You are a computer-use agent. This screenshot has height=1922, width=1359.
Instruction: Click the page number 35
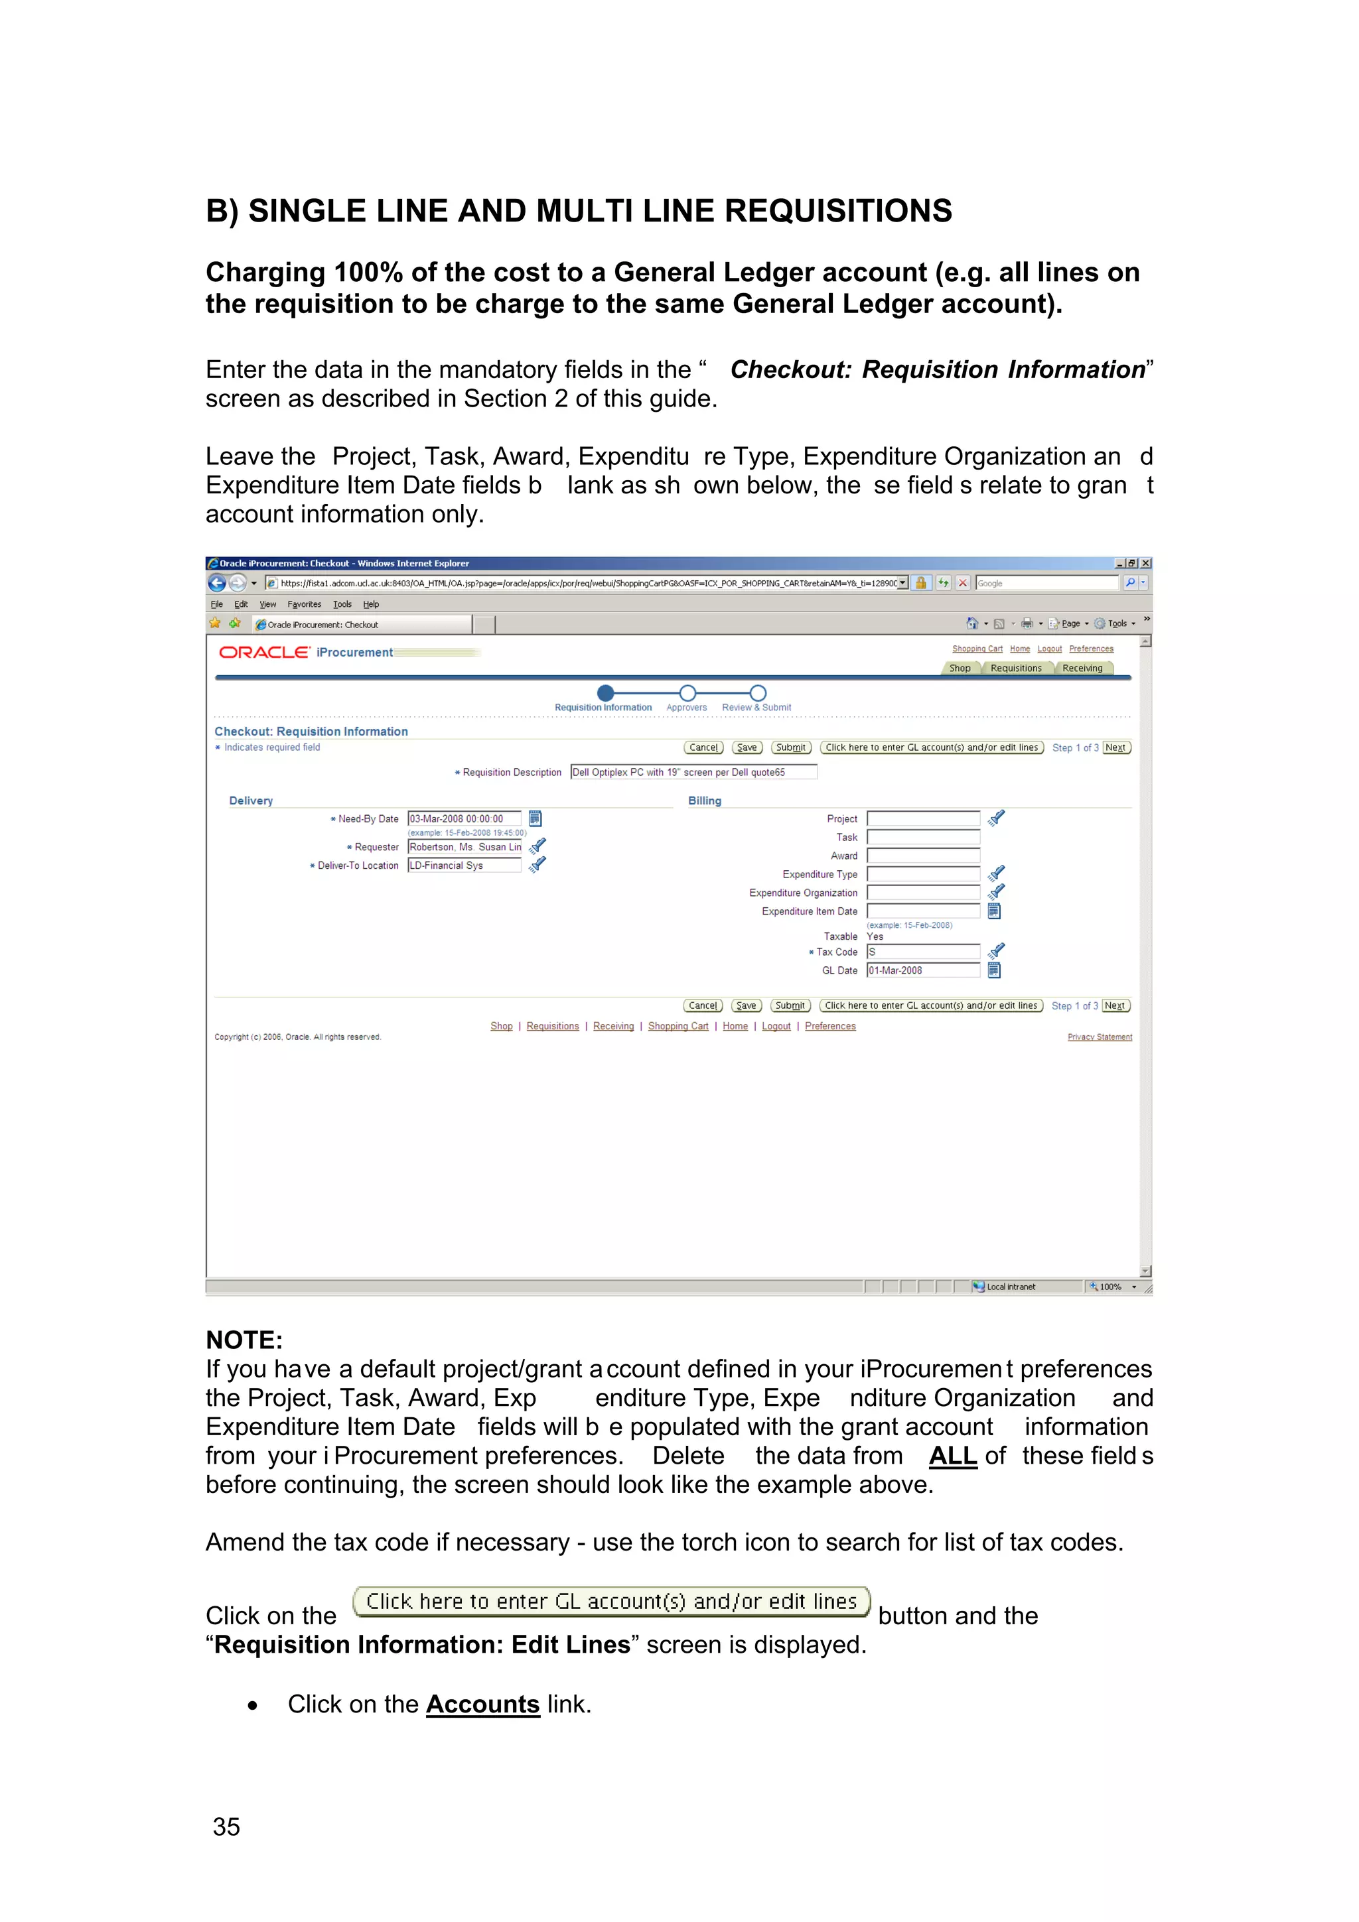click(x=226, y=1826)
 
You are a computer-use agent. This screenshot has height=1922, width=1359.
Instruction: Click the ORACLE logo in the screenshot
click(x=263, y=652)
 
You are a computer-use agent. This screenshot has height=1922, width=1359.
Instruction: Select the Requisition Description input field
click(x=693, y=772)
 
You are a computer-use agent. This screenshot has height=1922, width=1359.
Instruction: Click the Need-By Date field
click(x=464, y=818)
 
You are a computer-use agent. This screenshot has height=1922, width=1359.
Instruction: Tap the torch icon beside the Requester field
click(x=537, y=846)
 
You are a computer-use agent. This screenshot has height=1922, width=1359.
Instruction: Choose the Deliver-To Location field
click(x=464, y=865)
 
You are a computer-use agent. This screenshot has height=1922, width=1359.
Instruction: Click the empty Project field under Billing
click(x=923, y=818)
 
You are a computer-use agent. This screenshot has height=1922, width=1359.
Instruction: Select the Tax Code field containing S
click(x=923, y=952)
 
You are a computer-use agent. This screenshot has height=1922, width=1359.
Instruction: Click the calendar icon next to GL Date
click(x=994, y=970)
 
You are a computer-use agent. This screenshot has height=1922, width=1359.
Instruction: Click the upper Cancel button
click(x=703, y=747)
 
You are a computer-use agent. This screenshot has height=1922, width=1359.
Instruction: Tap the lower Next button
click(x=1115, y=1005)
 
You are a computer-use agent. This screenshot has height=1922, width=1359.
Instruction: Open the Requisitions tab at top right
click(x=1016, y=668)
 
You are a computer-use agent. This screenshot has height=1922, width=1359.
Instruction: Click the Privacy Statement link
click(x=1100, y=1037)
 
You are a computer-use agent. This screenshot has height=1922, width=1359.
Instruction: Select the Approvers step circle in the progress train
click(x=687, y=693)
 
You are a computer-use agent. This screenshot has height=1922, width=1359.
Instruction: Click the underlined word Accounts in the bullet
click(x=482, y=1704)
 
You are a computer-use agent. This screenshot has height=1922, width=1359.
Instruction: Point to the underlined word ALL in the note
click(x=952, y=1455)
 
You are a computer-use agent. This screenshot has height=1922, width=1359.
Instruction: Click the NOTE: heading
click(x=244, y=1340)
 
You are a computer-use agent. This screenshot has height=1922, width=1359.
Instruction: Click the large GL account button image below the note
click(x=611, y=1602)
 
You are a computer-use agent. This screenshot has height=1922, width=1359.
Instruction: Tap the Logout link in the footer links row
click(x=776, y=1026)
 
